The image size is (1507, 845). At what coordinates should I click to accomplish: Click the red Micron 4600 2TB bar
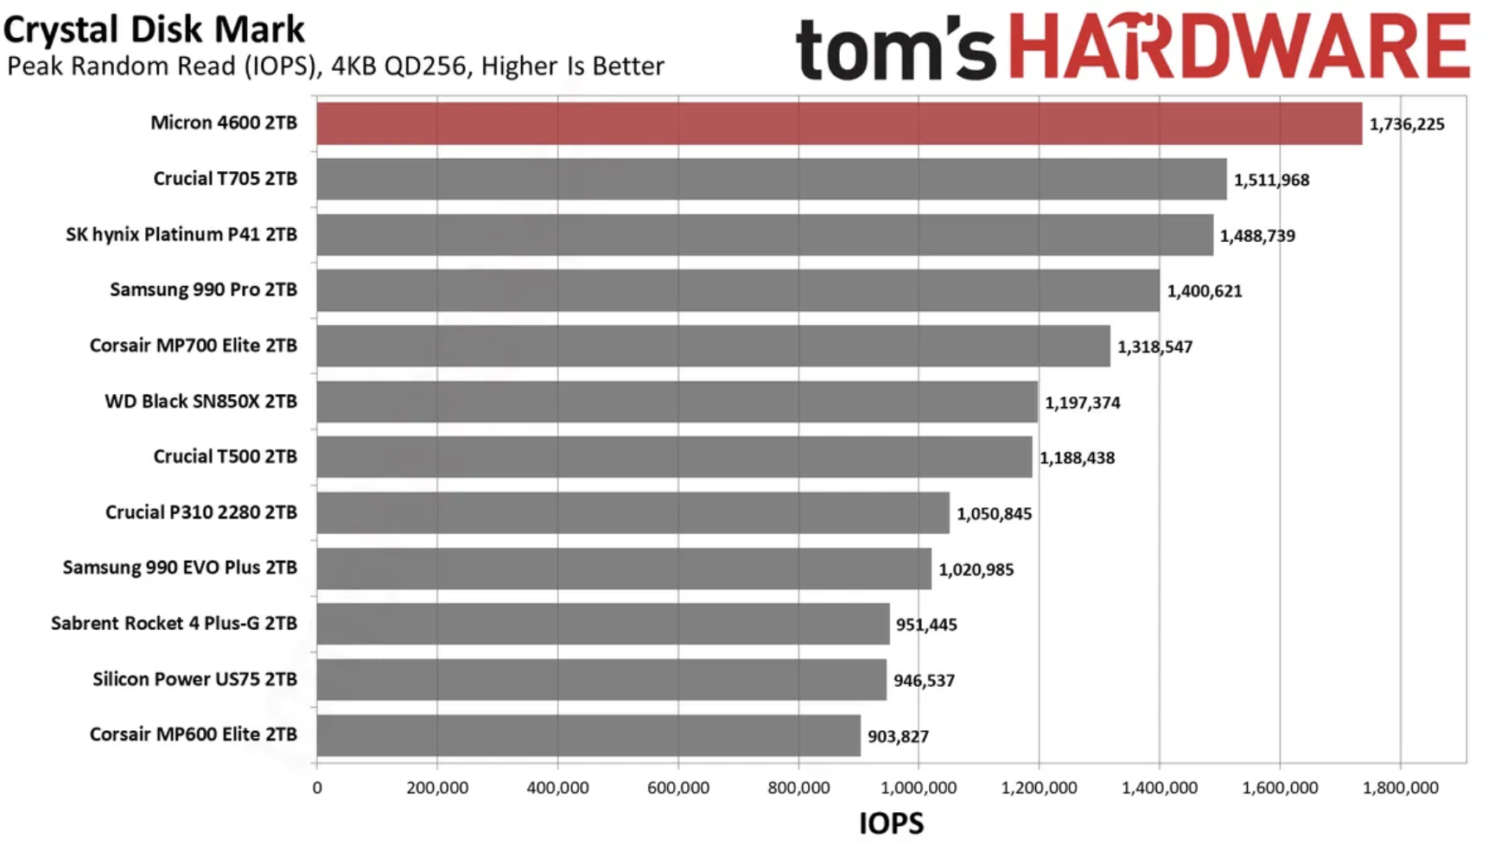pos(838,124)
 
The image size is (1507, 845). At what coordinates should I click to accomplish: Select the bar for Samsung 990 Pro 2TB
pos(738,290)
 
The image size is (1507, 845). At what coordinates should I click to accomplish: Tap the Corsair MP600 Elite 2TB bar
pos(588,735)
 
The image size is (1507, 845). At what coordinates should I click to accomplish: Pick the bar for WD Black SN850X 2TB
pos(677,402)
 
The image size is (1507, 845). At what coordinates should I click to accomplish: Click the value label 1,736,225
pos(1407,124)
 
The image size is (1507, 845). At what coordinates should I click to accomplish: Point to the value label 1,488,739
pos(1257,236)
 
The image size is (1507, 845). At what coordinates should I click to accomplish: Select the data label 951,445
pos(926,625)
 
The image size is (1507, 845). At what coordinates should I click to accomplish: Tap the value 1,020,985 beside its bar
pos(976,569)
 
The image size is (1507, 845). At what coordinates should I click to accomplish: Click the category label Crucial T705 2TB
pos(225,179)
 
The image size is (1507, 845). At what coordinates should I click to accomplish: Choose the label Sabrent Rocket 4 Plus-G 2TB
pos(174,624)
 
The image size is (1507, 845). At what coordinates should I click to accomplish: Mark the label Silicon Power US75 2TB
pos(194,679)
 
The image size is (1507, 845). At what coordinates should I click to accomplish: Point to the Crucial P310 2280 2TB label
pos(200,512)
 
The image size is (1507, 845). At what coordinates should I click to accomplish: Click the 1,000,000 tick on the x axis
pos(919,788)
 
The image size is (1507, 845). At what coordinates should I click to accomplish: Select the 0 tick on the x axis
pos(317,788)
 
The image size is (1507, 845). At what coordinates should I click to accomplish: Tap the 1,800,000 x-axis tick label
pos(1401,788)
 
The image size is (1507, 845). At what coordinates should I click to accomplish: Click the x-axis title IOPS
pos(891,823)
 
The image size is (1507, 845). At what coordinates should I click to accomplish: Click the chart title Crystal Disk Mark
pos(154,29)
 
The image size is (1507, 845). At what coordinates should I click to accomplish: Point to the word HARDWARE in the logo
pos(1239,47)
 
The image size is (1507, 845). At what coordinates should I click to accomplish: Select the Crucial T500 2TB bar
pos(674,457)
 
